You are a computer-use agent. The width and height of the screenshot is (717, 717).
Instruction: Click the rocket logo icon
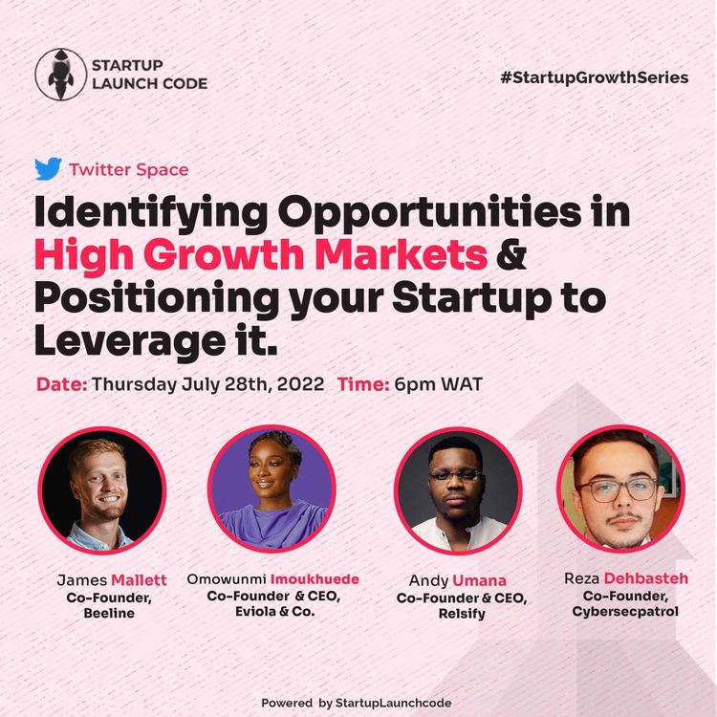59,74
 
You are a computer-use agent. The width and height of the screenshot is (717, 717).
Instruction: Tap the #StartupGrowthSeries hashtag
594,77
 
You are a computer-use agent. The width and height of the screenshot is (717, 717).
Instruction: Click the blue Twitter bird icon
48,169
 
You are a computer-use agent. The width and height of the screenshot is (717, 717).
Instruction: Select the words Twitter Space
128,170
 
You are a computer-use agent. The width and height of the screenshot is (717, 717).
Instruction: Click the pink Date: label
62,385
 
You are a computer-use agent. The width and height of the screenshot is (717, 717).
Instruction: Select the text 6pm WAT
450,385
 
